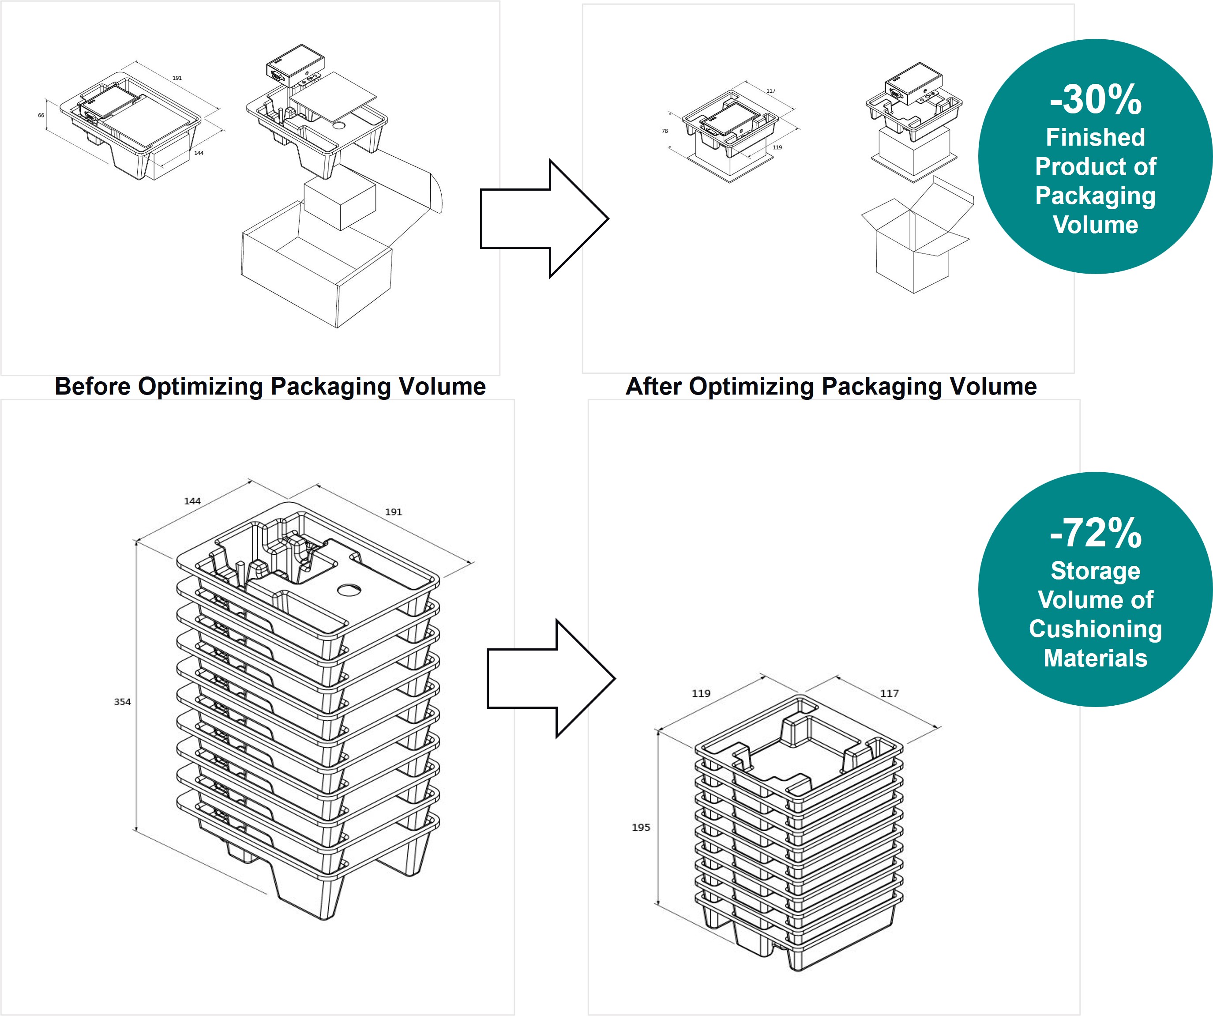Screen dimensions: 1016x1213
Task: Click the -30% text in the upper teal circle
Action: [x=1095, y=100]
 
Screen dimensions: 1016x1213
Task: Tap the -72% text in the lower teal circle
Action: [x=1095, y=533]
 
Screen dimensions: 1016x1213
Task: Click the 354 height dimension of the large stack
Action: [x=122, y=702]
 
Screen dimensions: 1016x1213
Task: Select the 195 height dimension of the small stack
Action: [x=641, y=827]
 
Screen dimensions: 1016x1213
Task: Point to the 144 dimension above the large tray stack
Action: [x=192, y=501]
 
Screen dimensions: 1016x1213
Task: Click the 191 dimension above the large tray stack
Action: [x=393, y=512]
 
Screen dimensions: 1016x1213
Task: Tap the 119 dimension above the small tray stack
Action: [x=701, y=693]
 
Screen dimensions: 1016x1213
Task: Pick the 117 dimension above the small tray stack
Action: [x=889, y=693]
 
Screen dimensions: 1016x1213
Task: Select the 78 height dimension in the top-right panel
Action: [x=665, y=131]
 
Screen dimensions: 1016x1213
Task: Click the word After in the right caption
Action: [x=653, y=387]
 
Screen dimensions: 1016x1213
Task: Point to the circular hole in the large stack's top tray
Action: [x=349, y=590]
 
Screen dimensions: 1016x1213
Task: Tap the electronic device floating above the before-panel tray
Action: [x=295, y=65]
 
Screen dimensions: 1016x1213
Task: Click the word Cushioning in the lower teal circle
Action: [x=1095, y=629]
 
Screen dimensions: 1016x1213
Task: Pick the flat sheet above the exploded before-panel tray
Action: [x=334, y=97]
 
